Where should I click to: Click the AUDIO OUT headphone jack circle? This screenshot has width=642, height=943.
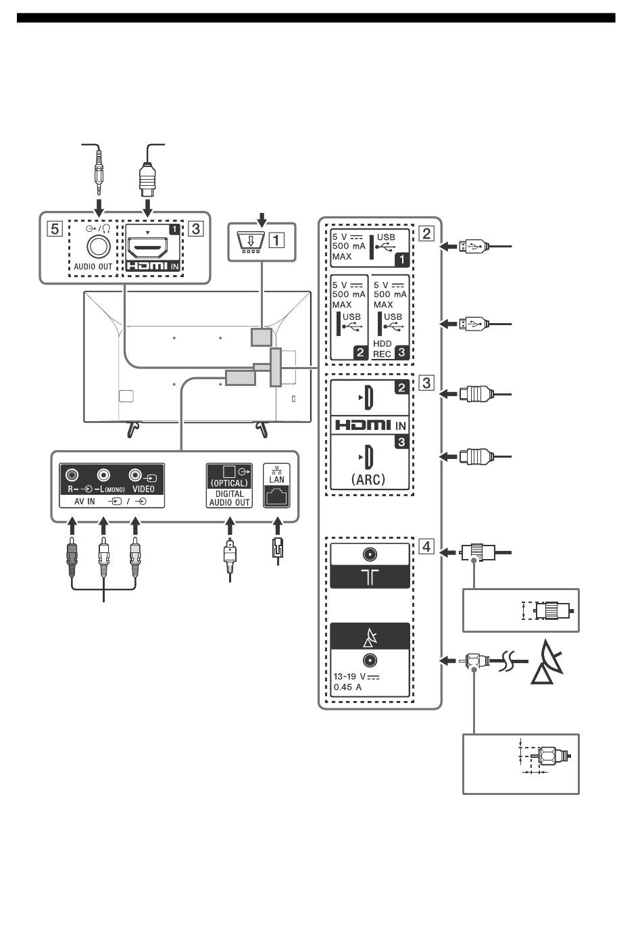[x=99, y=247]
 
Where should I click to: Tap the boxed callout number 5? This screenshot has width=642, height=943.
[x=55, y=229]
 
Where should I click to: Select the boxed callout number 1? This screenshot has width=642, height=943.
[x=276, y=241]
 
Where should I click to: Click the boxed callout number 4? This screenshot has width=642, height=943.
[x=426, y=546]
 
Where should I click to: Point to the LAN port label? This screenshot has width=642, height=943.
[x=276, y=479]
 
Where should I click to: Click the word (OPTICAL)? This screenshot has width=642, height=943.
[x=229, y=483]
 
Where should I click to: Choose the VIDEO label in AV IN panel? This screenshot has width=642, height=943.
[x=143, y=489]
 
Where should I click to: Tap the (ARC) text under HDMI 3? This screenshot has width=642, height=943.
[x=368, y=479]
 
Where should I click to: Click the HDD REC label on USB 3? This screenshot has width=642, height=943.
[x=382, y=349]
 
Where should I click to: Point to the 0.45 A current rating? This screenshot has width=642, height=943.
[x=348, y=687]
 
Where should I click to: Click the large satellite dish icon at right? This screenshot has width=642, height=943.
[x=547, y=662]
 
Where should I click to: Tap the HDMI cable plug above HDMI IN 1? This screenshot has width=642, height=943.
[x=147, y=180]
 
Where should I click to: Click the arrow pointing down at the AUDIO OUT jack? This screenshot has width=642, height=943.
[x=99, y=207]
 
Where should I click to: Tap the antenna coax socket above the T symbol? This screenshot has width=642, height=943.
[x=370, y=554]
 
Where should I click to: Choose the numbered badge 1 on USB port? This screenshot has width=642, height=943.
[x=401, y=260]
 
